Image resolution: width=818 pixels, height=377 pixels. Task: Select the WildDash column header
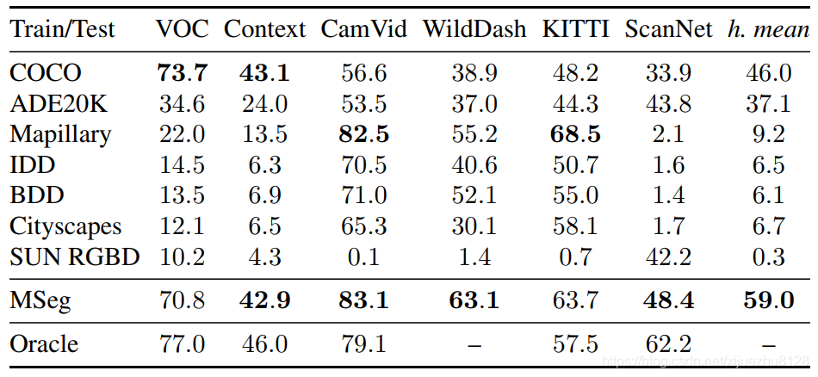474,29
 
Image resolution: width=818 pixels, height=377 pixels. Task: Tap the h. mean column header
767,29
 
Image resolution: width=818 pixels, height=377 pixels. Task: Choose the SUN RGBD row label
74,256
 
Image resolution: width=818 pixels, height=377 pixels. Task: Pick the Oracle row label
44,344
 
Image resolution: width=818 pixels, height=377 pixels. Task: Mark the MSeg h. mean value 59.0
767,300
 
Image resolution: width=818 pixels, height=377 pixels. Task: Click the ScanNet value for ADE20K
669,104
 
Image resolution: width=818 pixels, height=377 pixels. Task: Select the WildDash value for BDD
474,195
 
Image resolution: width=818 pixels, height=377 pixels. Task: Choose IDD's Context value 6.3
264,165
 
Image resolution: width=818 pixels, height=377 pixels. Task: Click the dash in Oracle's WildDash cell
474,344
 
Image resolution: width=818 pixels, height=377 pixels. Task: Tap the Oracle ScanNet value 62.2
669,344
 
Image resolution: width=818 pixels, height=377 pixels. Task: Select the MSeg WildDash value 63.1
474,300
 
